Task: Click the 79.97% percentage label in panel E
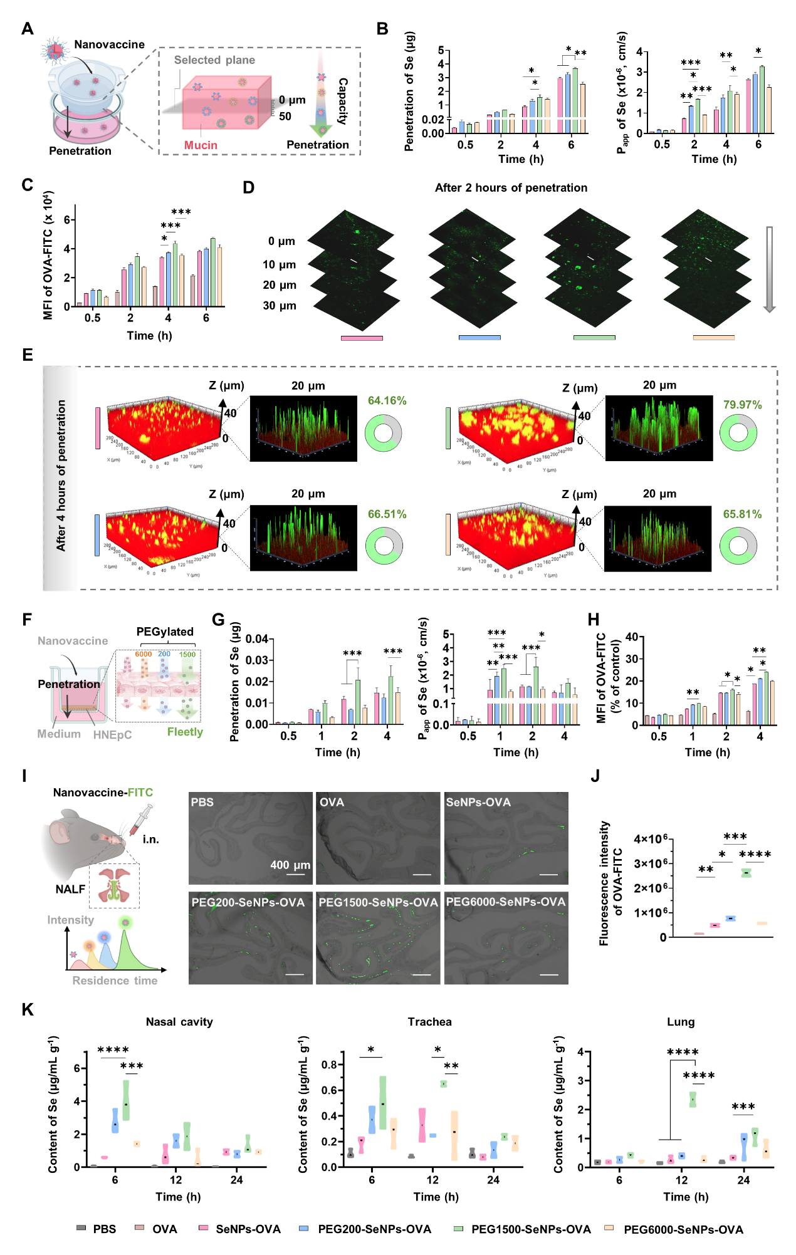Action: pos(742,405)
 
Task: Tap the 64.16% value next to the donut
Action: pos(387,400)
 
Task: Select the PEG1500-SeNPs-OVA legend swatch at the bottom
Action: pos(458,1228)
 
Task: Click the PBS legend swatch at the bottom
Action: pos(81,1228)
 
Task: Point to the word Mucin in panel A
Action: pos(201,145)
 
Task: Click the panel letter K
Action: pos(28,1009)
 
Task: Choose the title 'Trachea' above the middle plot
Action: pos(429,1022)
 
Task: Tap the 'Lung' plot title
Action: pos(681,1022)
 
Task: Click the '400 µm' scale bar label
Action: pos(290,865)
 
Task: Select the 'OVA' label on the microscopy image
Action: pos(332,803)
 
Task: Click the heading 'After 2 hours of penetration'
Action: pos(511,188)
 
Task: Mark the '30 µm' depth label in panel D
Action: pos(279,306)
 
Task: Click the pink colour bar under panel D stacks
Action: pos(362,338)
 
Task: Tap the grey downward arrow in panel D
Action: pos(770,269)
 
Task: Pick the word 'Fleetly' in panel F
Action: pos(185,732)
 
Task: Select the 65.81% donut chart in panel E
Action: pos(738,545)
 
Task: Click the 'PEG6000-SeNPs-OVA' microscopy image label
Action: pos(505,902)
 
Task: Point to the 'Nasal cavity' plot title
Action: pos(179,1022)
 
